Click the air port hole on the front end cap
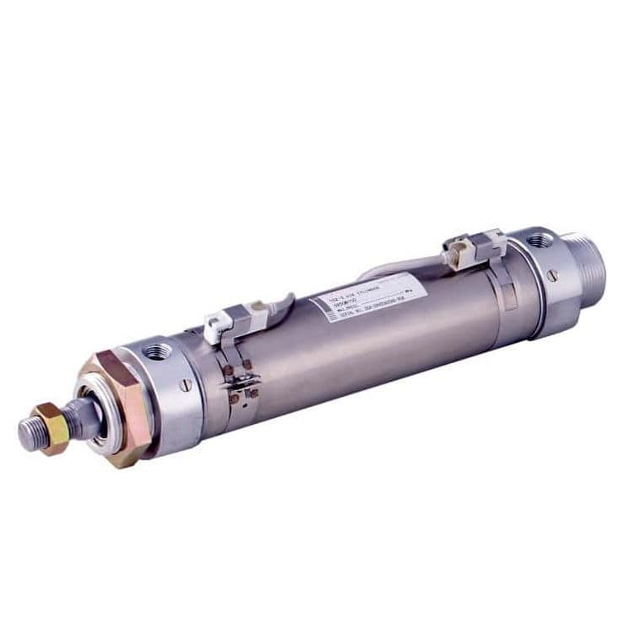tap(156, 350)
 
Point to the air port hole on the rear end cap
tap(538, 241)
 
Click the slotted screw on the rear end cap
tap(552, 274)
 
